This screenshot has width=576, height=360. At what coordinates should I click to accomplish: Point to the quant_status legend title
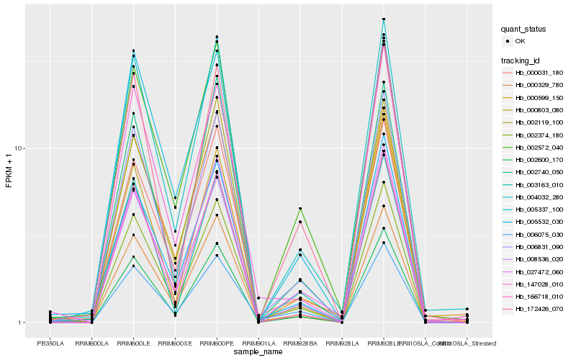point(523,30)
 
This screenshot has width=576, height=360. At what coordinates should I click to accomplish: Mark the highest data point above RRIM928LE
point(384,19)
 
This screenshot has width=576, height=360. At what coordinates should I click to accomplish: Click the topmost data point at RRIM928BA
point(300,209)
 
